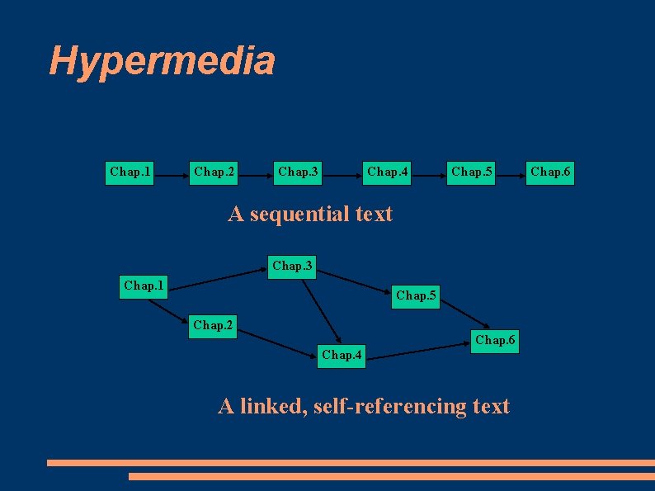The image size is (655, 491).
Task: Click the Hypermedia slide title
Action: point(162,61)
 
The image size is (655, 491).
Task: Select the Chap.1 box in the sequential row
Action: point(130,172)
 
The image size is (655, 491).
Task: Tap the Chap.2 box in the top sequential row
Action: point(214,172)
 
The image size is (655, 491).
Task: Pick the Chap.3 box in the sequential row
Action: point(299,172)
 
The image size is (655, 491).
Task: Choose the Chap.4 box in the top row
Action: point(388,172)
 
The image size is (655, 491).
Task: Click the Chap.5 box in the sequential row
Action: point(472,172)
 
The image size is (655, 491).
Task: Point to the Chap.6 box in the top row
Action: point(550,172)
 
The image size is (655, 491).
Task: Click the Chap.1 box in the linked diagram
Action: point(144,286)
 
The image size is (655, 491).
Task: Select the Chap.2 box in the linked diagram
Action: point(214,325)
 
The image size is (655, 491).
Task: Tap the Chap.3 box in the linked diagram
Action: point(293,267)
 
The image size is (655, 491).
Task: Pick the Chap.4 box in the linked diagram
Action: point(341,356)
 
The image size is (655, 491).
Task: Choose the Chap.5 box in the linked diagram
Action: point(417,295)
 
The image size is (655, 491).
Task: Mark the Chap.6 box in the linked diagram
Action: point(495,340)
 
